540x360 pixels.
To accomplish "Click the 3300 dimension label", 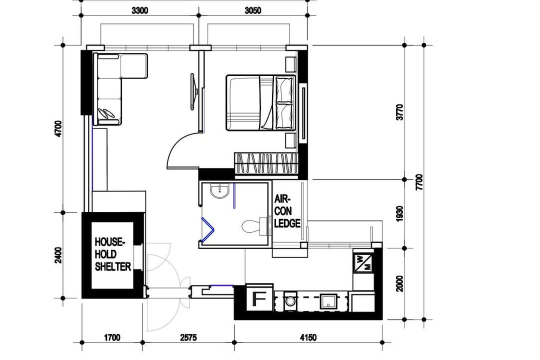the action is coord(140,10).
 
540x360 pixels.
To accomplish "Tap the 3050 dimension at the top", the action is coord(253,10).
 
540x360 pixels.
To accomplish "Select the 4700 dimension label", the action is coord(58,129).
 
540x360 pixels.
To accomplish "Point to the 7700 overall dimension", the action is coord(419,182).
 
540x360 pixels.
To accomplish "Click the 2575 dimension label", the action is coord(188,337).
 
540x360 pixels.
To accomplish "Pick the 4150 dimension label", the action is coord(308,337).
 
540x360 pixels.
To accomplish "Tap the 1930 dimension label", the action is coord(399,213).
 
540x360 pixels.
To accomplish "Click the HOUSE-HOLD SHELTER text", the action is coord(112,254).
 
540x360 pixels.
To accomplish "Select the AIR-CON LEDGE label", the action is coord(287,211).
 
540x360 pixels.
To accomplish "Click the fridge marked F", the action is coord(259,298).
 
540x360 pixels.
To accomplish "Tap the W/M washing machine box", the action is coord(363,263).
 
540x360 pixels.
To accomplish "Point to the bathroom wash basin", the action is coord(219,191).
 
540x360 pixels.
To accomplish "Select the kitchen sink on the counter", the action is coord(328,302).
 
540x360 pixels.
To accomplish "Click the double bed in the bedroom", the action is coord(260,102).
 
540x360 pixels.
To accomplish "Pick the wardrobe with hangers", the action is coord(266,163).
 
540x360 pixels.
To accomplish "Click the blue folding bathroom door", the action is coord(208,229).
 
